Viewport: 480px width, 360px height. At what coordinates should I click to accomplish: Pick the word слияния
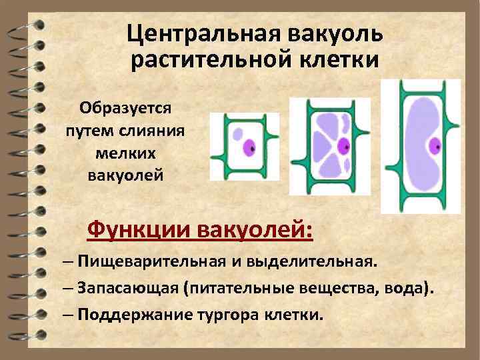[153, 131]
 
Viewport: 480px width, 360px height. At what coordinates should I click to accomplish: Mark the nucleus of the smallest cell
[249, 146]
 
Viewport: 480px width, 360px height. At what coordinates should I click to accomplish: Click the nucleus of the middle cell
[343, 145]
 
